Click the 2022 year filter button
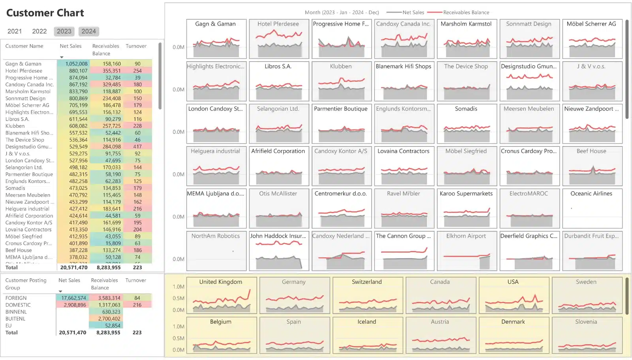pyautogui.click(x=39, y=31)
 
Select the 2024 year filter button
pyautogui.click(x=88, y=31)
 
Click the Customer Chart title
pyautogui.click(x=45, y=13)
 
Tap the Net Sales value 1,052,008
pyautogui.click(x=76, y=64)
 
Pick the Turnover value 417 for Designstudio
pyautogui.click(x=137, y=146)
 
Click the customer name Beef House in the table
pyautogui.click(x=19, y=250)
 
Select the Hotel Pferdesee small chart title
pyautogui.click(x=278, y=24)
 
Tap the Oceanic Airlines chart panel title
pyautogui.click(x=591, y=194)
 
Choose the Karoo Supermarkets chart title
pyautogui.click(x=466, y=194)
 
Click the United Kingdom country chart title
pyautogui.click(x=221, y=282)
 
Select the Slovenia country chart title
pyautogui.click(x=586, y=322)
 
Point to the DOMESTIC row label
pyautogui.click(x=18, y=305)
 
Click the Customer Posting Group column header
pyautogui.click(x=26, y=284)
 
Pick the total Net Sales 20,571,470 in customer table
pyautogui.click(x=74, y=268)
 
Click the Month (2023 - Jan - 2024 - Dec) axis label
pyautogui.click(x=342, y=13)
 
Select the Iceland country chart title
pyautogui.click(x=367, y=322)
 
